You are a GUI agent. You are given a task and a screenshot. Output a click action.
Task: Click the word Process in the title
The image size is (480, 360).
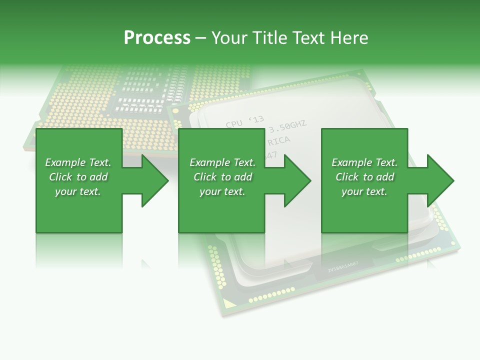pos(157,38)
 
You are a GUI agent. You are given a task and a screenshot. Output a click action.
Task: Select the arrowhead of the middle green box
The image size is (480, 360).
pos(296,180)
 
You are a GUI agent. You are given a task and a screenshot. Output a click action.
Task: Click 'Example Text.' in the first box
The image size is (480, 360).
pos(78,162)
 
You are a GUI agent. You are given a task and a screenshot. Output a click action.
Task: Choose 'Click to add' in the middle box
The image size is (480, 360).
pos(222,177)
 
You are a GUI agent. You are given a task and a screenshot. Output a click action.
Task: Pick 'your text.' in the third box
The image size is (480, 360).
pos(364,191)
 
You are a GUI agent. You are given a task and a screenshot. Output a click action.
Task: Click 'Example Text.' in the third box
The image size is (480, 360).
pos(364,162)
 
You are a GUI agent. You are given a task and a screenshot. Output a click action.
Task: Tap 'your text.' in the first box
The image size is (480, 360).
pos(78,191)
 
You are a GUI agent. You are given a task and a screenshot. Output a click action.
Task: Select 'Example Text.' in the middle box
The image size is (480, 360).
pos(222,162)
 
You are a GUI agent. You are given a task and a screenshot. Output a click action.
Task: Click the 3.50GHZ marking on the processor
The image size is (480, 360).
pos(287,126)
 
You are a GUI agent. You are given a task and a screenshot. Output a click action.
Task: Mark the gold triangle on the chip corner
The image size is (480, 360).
pos(228,303)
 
